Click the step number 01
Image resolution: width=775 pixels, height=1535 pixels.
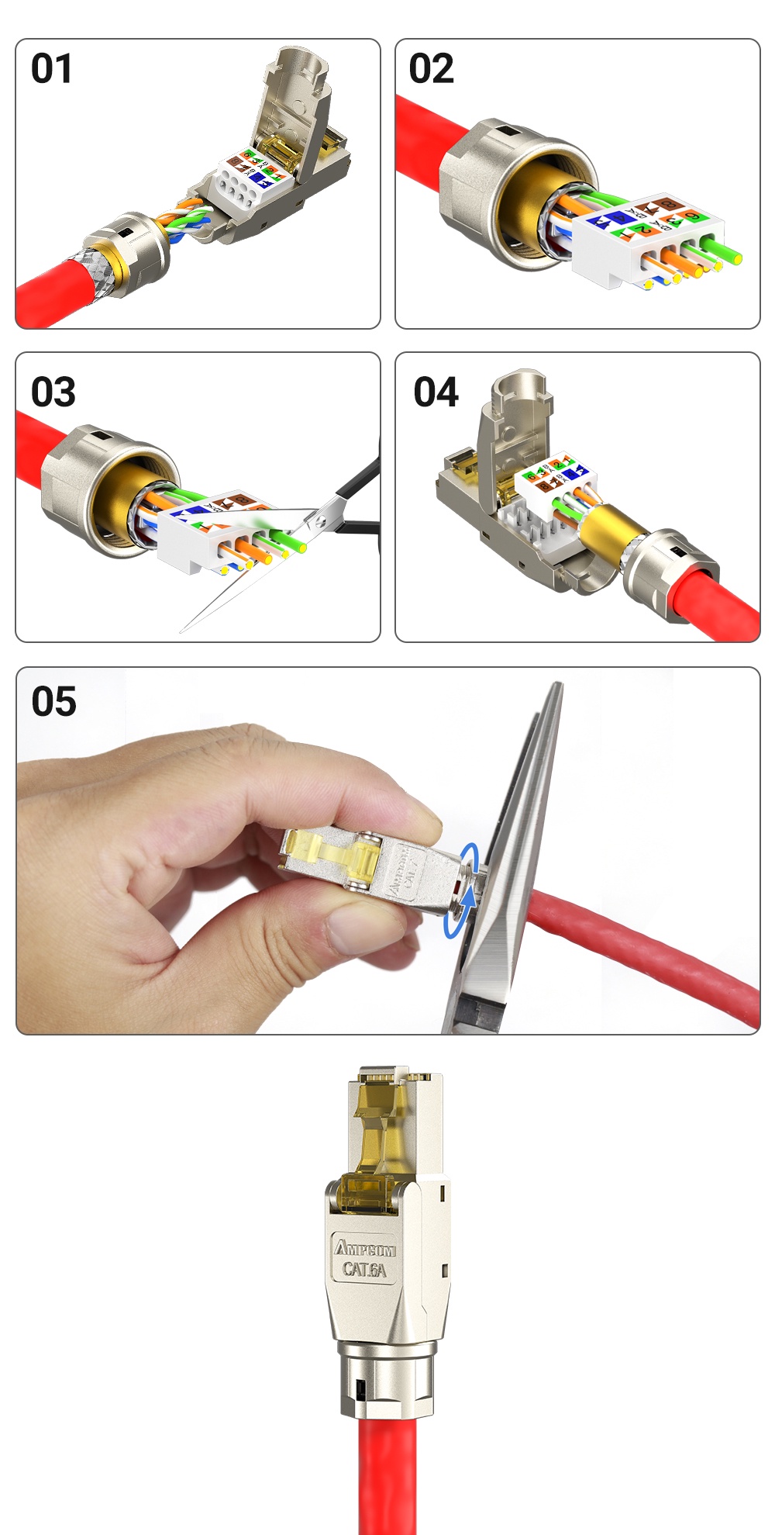(x=51, y=68)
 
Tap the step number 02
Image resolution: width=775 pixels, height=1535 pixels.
(x=431, y=68)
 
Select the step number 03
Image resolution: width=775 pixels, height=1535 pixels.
(x=53, y=392)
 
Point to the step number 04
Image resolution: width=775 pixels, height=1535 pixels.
(x=436, y=392)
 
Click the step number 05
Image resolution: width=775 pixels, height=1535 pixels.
(x=53, y=701)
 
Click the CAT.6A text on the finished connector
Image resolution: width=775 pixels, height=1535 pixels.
(x=364, y=1269)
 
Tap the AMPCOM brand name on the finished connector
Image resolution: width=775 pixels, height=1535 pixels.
(x=365, y=1248)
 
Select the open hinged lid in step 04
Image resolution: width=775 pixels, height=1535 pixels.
(x=511, y=434)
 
